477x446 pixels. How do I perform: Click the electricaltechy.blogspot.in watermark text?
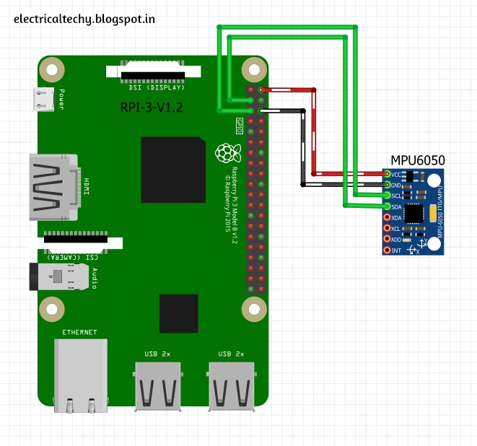[84, 18]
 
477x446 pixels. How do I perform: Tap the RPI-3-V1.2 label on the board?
[152, 108]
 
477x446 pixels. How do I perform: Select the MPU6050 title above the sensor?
[417, 160]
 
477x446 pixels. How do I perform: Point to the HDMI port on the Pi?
[52, 186]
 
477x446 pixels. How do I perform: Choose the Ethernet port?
[80, 375]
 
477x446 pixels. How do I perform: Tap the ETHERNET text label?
[79, 332]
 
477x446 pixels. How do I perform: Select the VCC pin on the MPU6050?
[388, 174]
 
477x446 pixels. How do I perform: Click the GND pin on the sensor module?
[388, 185]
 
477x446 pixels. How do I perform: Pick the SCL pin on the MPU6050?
[388, 196]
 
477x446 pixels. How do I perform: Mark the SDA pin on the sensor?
[388, 206]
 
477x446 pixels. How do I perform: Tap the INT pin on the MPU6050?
[388, 250]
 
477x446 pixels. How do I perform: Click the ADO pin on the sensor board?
[388, 239]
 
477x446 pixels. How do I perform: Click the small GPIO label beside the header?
[239, 126]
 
